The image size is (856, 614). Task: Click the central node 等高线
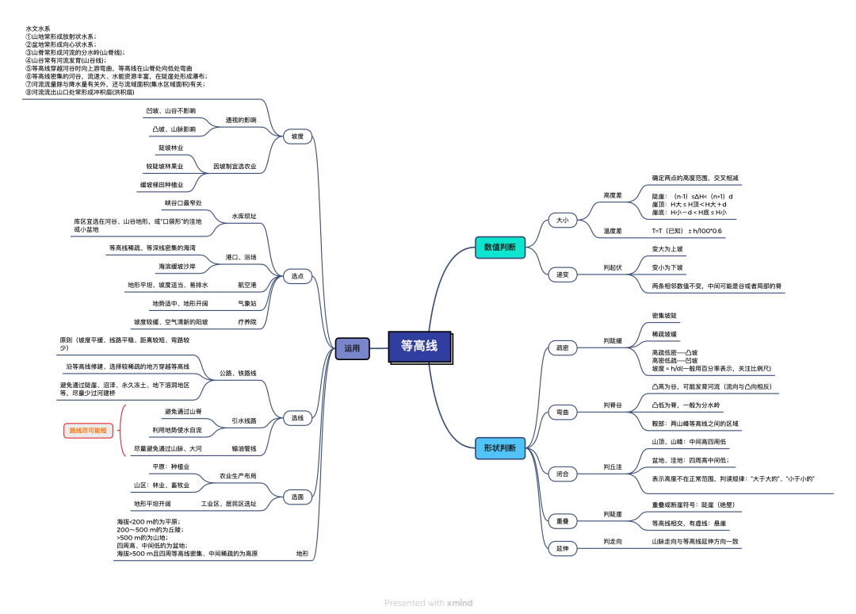coord(419,347)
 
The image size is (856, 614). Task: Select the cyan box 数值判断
coord(499,248)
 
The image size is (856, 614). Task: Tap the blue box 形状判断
coord(499,448)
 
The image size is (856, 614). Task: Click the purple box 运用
coord(352,347)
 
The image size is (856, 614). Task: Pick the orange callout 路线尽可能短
coord(89,430)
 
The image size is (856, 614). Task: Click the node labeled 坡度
coord(297,136)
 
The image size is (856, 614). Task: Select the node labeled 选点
coord(297,276)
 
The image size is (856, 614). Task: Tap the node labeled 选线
coord(297,417)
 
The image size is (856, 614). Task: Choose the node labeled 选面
coord(297,497)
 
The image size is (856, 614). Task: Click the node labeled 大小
coord(562,220)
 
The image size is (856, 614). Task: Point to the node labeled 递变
coord(562,274)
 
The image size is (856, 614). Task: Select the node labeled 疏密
coord(562,347)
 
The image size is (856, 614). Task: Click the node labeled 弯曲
coord(562,412)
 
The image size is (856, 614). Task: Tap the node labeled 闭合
coord(562,474)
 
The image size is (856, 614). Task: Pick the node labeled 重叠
coord(562,521)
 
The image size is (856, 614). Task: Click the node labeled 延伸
coord(562,548)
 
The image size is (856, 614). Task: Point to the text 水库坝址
coord(244,216)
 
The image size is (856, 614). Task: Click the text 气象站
coord(246,303)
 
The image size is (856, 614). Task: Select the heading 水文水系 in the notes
coord(36,28)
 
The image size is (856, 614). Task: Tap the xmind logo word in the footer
coord(460,603)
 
